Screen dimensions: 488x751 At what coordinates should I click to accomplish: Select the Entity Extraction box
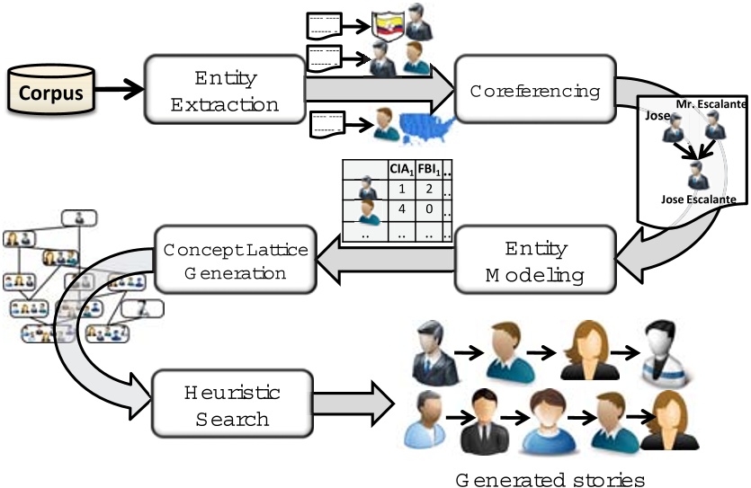click(x=225, y=91)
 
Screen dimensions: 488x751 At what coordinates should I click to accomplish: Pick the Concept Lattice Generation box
click(x=236, y=259)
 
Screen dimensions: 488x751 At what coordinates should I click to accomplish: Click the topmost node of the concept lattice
click(x=78, y=218)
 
